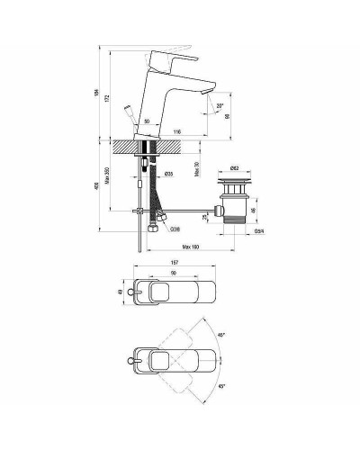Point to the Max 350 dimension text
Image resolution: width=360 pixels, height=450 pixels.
click(130, 175)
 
